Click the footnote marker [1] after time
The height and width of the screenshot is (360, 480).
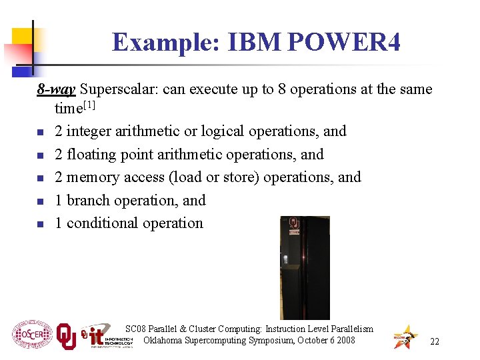coord(89,106)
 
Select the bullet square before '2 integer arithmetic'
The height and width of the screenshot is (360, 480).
coord(40,132)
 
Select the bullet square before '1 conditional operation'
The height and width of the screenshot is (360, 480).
coord(40,224)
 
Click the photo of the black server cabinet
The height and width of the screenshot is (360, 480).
coord(305,267)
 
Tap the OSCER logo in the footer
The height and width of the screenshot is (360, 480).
coord(31,334)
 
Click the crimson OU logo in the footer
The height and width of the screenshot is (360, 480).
coord(65,336)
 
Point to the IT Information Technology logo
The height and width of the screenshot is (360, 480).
coord(106,336)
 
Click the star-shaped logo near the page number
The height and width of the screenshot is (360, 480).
coord(405,337)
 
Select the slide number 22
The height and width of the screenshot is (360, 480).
coord(435,341)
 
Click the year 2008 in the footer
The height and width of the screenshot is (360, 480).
coord(345,341)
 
